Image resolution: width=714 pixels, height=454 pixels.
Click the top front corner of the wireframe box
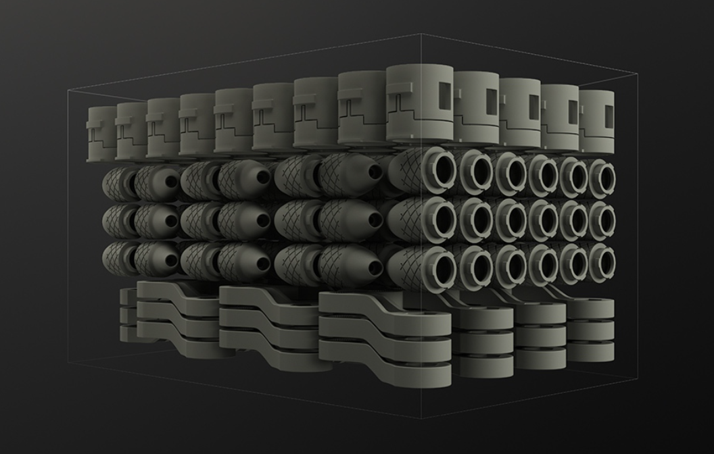point(421,34)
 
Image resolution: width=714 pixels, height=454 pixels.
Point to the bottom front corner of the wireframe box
point(421,418)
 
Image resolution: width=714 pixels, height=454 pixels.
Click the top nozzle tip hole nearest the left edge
point(171,181)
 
